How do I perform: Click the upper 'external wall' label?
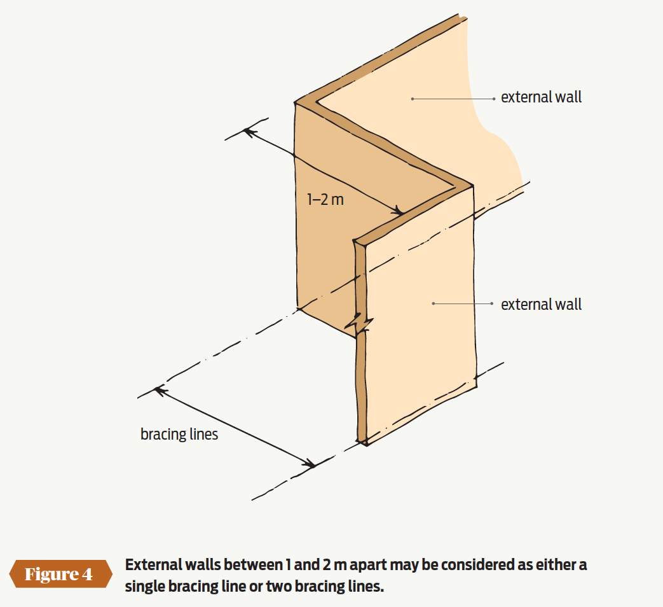pyautogui.click(x=541, y=97)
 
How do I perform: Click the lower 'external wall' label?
pyautogui.click(x=541, y=304)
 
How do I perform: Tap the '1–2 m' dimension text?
pyautogui.click(x=325, y=199)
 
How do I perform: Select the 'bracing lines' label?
pyautogui.click(x=179, y=435)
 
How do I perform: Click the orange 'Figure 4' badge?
pyautogui.click(x=60, y=574)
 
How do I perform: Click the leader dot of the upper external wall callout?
pyautogui.click(x=413, y=99)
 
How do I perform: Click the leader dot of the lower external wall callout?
pyautogui.click(x=434, y=303)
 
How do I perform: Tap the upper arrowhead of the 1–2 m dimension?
pyautogui.click(x=249, y=132)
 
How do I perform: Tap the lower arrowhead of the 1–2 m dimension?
pyautogui.click(x=397, y=211)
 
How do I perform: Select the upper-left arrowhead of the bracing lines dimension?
pyautogui.click(x=160, y=391)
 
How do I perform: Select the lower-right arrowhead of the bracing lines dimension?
pyautogui.click(x=309, y=464)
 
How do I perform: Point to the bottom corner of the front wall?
pyautogui.click(x=366, y=445)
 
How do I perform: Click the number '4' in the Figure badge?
pyautogui.click(x=87, y=575)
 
